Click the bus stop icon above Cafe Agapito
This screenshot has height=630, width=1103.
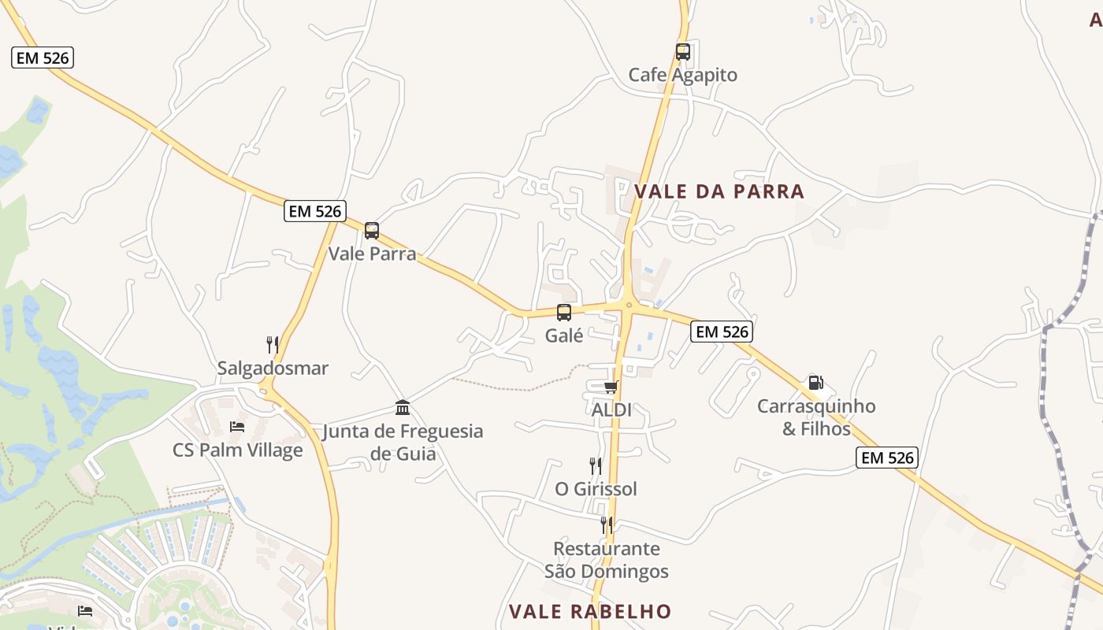pos(683,52)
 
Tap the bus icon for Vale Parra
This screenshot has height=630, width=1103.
pos(372,231)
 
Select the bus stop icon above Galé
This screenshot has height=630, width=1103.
pos(564,313)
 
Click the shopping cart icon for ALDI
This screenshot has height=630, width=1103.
pos(611,387)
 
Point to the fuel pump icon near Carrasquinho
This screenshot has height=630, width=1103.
pos(816,383)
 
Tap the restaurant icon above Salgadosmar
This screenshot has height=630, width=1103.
pos(273,344)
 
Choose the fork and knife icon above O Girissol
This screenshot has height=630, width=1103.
pos(596,465)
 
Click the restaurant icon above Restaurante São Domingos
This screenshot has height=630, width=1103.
pos(607,524)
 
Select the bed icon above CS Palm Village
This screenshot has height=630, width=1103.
pos(237,427)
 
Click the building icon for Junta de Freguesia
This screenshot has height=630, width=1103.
pos(403,407)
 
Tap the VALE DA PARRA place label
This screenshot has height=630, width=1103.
pos(719,191)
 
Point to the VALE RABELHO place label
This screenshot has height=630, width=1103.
pos(590,612)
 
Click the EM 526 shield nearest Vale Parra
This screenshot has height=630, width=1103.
pos(315,211)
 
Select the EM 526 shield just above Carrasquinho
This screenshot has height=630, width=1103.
pos(722,332)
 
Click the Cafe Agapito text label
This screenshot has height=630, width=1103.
pos(683,75)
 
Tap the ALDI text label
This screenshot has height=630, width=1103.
pos(611,409)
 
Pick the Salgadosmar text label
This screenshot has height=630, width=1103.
pos(273,368)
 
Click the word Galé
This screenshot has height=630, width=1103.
pos(564,335)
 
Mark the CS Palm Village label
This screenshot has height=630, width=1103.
pos(238,450)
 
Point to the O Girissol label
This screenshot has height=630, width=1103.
pos(596,489)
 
